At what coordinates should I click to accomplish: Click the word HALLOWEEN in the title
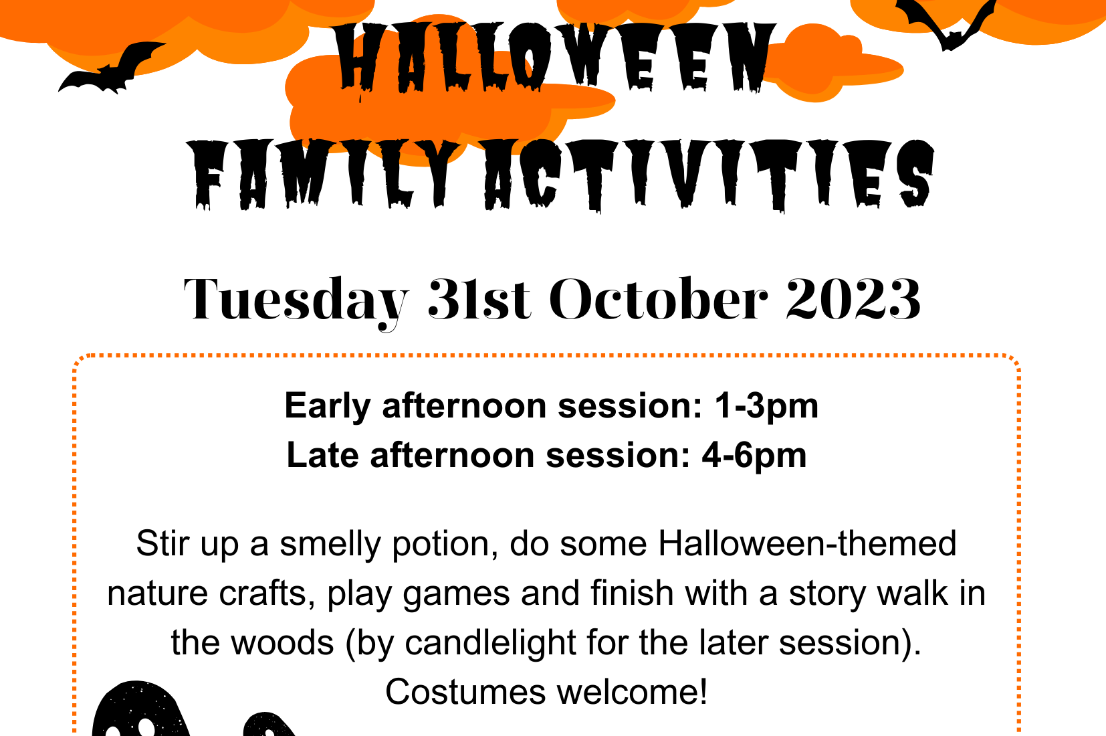pyautogui.click(x=554, y=58)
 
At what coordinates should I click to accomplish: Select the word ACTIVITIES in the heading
pyautogui.click(x=709, y=175)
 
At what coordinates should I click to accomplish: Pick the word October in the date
pyautogui.click(x=659, y=298)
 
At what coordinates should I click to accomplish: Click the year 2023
pyautogui.click(x=854, y=298)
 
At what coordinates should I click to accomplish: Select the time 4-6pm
pyautogui.click(x=754, y=456)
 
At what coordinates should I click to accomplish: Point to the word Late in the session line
pyautogui.click(x=322, y=455)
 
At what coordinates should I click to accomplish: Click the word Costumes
pyautogui.click(x=465, y=692)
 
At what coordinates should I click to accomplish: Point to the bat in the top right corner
pyautogui.click(x=946, y=22)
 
